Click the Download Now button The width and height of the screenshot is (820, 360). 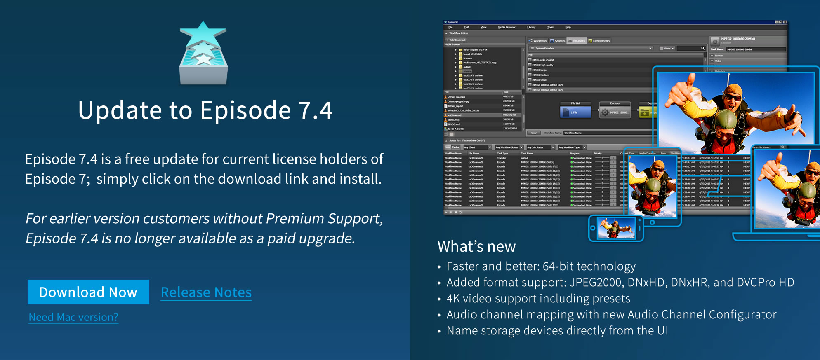tap(88, 292)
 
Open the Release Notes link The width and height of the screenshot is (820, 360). tap(206, 292)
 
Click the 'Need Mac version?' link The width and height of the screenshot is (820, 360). tap(73, 317)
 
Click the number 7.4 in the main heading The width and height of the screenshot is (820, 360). tap(315, 110)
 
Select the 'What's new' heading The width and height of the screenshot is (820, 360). tap(476, 246)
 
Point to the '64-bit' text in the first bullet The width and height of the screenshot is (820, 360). tap(558, 266)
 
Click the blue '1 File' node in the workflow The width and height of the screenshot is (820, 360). tap(575, 112)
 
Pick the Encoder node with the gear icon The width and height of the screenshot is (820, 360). tap(615, 112)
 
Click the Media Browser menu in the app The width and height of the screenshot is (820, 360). tap(507, 27)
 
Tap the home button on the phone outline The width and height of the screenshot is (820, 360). tap(593, 228)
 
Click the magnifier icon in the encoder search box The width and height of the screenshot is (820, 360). tap(703, 49)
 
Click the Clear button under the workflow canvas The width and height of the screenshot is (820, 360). tap(534, 133)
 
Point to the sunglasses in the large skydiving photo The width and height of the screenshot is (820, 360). tap(733, 97)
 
